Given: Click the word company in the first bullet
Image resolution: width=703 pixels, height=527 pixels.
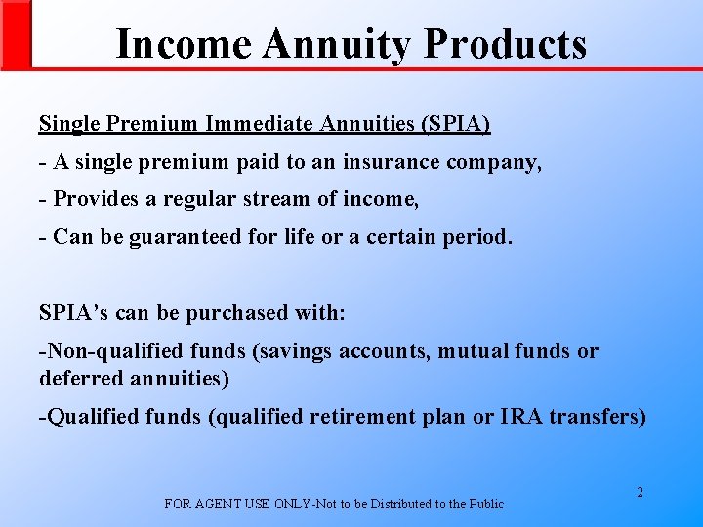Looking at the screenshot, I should point(494,162).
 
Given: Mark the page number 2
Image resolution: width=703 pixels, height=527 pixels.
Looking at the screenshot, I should point(641,493).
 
